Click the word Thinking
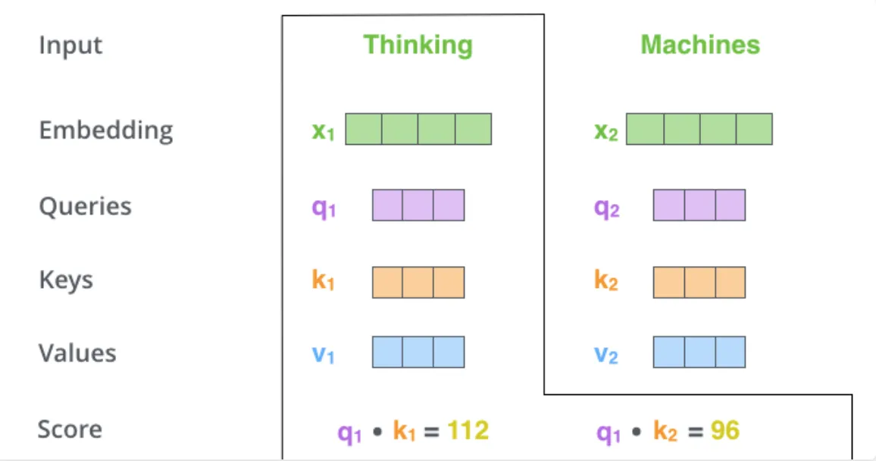(418, 45)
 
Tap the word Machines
(700, 45)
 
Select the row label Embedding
(106, 130)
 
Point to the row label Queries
(85, 206)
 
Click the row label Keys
(66, 279)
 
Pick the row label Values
(77, 353)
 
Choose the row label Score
(70, 429)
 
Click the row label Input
(70, 45)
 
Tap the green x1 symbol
(323, 131)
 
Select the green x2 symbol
(605, 131)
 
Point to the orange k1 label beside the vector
(323, 279)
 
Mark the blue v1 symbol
(323, 355)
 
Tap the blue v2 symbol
(605, 355)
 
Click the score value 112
(468, 430)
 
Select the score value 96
(725, 430)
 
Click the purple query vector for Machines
(699, 205)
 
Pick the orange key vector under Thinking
(418, 282)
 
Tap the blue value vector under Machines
(699, 352)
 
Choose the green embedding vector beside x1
(418, 129)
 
